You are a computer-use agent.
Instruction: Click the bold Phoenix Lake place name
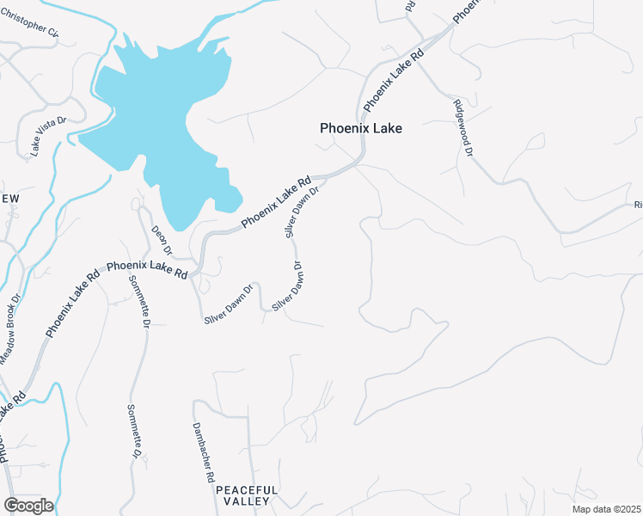pos(361,128)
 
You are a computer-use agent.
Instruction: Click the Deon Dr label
pos(162,240)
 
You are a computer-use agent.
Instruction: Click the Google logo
pos(28,506)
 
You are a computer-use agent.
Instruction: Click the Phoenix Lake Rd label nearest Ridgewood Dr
pos(394,80)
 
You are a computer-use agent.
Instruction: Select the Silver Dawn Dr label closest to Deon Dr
pos(229,304)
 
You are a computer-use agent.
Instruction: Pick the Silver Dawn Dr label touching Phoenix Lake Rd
pos(302,211)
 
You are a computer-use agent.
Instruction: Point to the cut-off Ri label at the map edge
pos(638,205)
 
